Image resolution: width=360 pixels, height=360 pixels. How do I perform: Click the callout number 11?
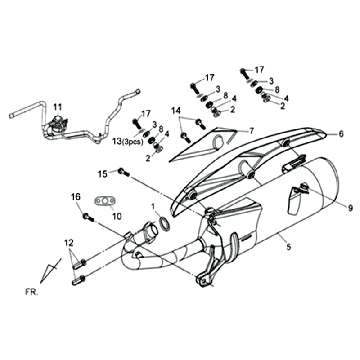[x=57, y=106]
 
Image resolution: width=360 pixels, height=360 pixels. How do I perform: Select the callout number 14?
[x=175, y=110]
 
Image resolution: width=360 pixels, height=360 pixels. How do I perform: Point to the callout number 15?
[x=103, y=174]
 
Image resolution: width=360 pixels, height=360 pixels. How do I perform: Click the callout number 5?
[x=261, y=245]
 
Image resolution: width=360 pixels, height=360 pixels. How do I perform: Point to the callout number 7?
[x=252, y=130]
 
